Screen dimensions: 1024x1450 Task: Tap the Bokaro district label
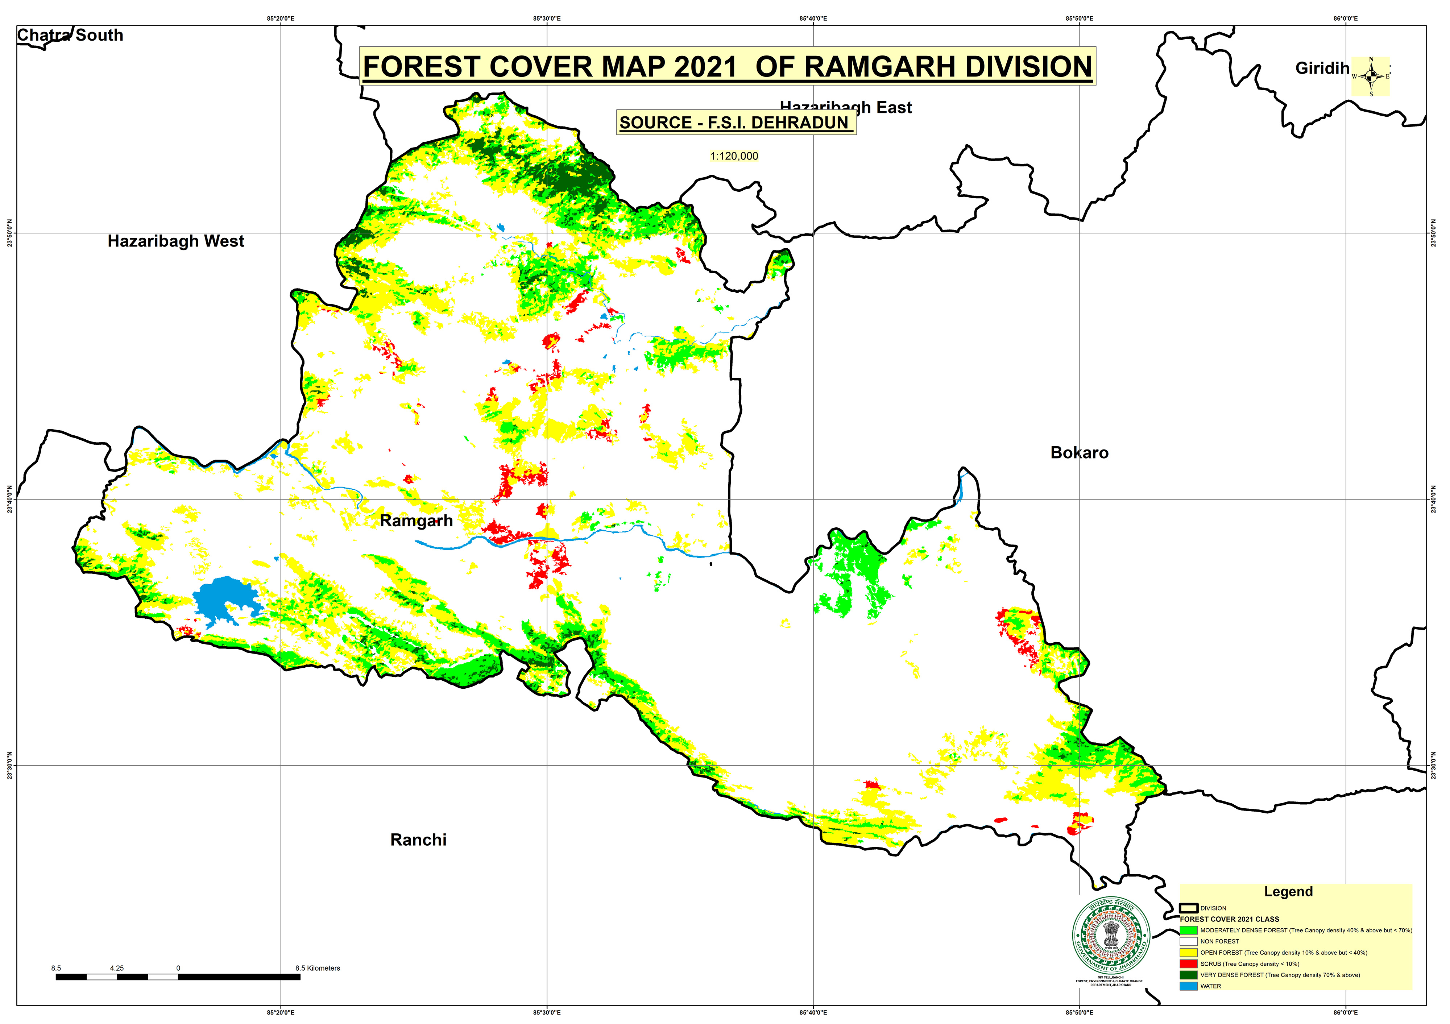[1079, 453]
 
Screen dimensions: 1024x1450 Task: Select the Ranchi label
[418, 839]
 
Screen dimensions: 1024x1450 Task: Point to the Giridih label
[1321, 68]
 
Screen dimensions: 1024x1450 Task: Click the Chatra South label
[70, 36]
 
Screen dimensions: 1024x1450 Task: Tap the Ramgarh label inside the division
[416, 521]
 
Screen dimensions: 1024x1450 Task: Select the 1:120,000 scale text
[734, 156]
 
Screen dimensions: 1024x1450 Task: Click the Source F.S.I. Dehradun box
[735, 123]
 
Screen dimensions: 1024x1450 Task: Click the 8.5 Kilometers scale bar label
[317, 968]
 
